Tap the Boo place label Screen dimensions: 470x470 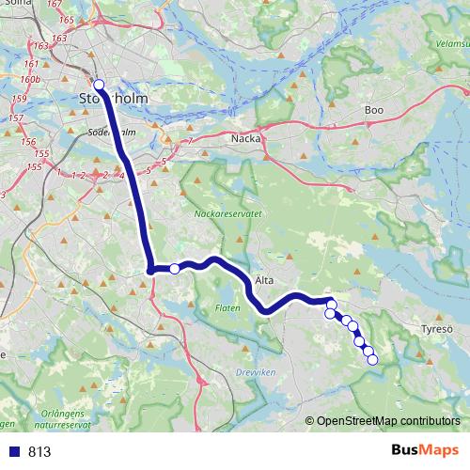[x=374, y=110]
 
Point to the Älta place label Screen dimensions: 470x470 [x=265, y=279]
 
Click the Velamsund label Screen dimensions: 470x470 [x=452, y=42]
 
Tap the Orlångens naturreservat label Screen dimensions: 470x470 [x=57, y=418]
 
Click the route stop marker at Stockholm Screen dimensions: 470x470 [x=99, y=85]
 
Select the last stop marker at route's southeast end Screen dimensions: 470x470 [x=371, y=359]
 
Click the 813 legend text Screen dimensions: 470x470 [x=39, y=451]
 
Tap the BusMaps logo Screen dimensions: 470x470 [x=425, y=450]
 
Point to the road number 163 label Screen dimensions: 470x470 [x=59, y=38]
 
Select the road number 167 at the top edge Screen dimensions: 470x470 [x=66, y=5]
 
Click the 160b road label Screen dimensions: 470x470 [x=31, y=81]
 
